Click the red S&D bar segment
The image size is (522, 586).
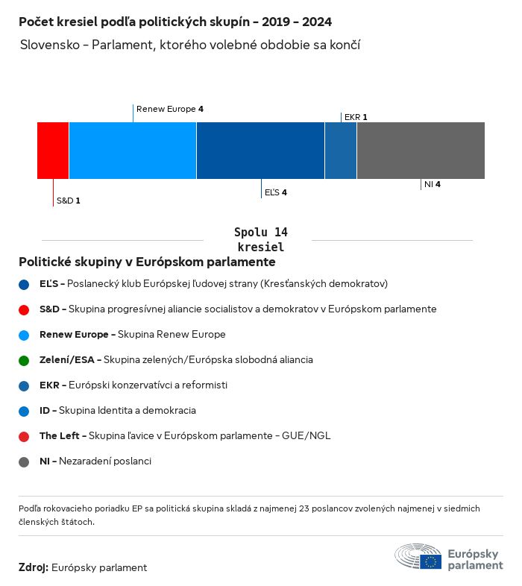click(x=53, y=151)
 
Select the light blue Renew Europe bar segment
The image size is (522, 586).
click(x=133, y=151)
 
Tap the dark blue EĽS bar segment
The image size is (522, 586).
click(x=260, y=151)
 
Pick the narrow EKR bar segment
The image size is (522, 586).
click(x=341, y=151)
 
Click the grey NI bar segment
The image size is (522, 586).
click(x=421, y=151)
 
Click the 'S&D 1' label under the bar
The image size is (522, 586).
click(x=68, y=201)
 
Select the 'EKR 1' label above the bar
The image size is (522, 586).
click(x=356, y=117)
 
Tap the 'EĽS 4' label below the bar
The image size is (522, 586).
click(x=276, y=192)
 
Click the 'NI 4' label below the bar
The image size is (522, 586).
click(x=433, y=183)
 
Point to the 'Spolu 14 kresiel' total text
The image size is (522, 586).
click(x=260, y=239)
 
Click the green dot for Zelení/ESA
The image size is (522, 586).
click(x=24, y=360)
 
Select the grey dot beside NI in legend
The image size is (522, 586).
click(x=24, y=461)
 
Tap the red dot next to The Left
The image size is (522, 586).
click(x=24, y=436)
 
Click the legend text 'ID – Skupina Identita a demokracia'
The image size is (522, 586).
click(x=118, y=410)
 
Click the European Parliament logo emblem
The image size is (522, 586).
click(x=418, y=557)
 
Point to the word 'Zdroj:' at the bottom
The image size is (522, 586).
click(x=34, y=567)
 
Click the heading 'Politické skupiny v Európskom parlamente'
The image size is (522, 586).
click(x=147, y=262)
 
